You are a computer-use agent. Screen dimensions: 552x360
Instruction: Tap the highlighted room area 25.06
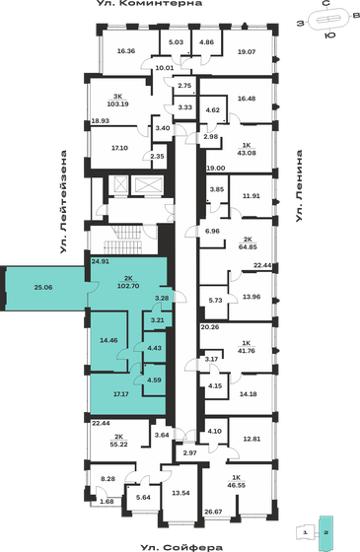tap(42, 287)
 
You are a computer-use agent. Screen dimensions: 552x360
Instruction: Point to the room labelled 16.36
tap(124, 50)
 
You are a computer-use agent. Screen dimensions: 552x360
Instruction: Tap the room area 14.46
tap(109, 340)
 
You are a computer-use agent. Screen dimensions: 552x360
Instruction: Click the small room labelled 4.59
tap(153, 379)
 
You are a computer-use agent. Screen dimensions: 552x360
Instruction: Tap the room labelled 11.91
tap(251, 197)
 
